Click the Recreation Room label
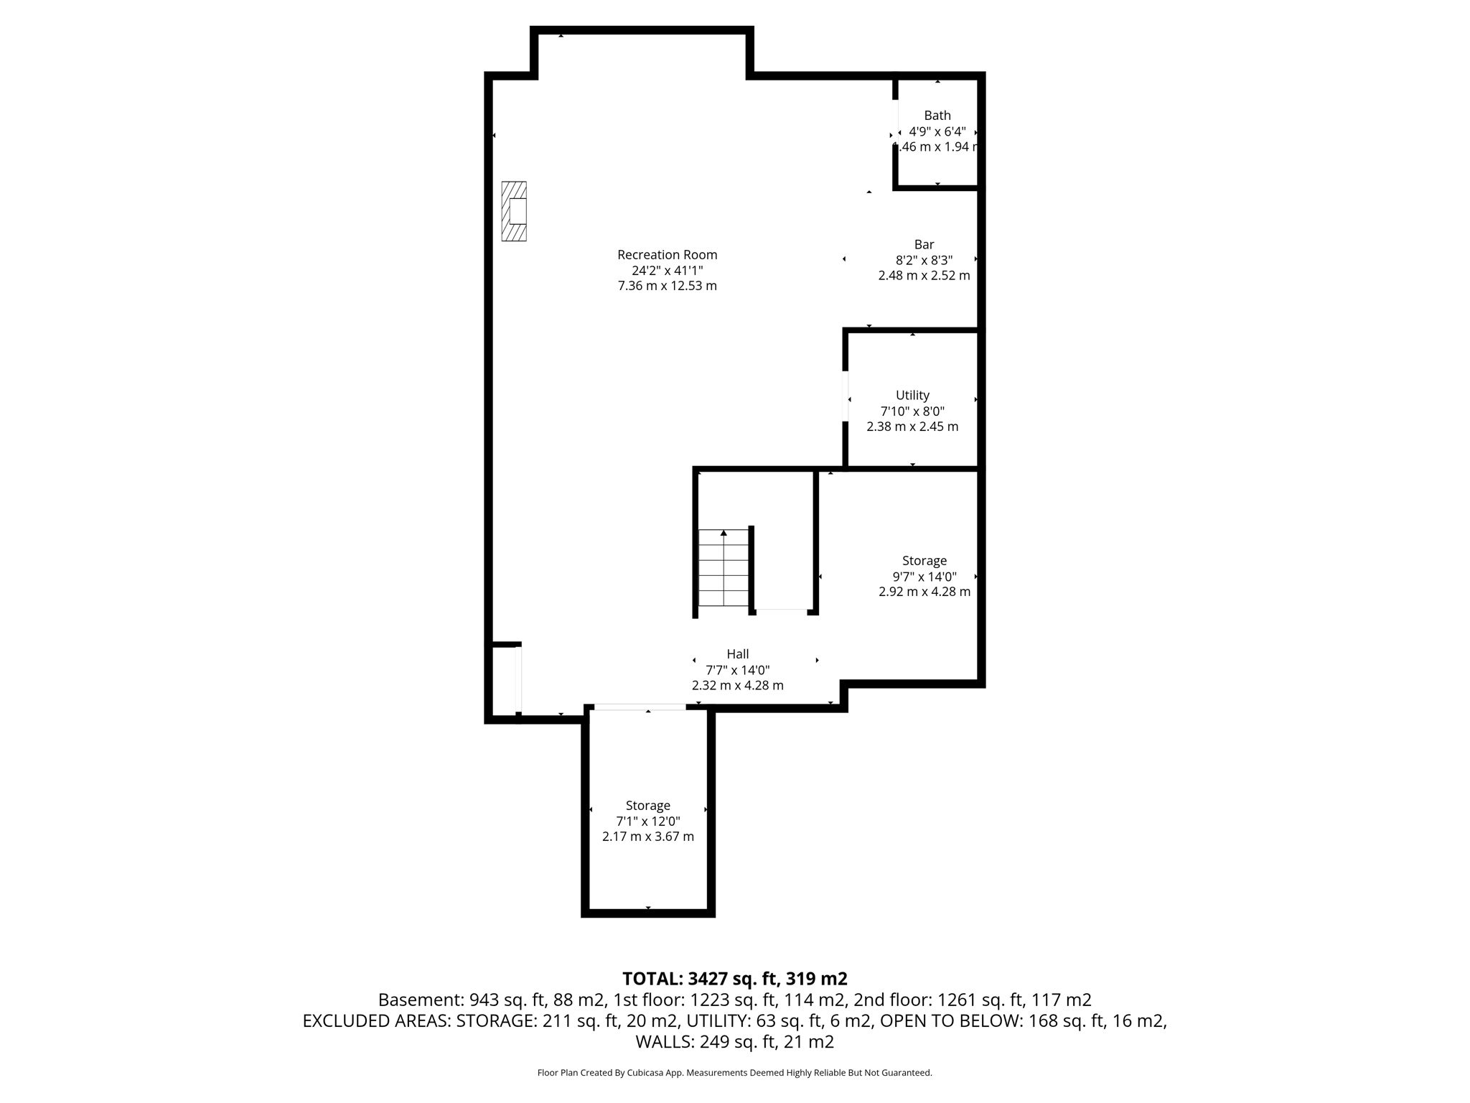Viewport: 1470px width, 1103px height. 667,255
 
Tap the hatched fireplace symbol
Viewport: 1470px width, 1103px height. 514,211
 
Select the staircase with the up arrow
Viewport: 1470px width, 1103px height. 724,569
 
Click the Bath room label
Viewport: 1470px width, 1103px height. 937,116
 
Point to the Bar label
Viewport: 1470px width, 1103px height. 924,245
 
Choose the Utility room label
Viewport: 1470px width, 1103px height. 912,396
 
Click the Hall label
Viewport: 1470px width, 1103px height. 737,654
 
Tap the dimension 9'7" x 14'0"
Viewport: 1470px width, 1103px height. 924,577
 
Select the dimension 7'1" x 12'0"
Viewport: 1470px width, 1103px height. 647,822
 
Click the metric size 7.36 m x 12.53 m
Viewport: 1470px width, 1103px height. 667,286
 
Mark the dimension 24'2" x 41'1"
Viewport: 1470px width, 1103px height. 667,271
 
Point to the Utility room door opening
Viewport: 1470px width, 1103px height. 846,396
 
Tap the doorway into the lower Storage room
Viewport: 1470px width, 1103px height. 640,708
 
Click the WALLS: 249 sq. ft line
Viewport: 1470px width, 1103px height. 734,1041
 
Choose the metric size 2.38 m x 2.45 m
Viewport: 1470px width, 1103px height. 912,427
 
